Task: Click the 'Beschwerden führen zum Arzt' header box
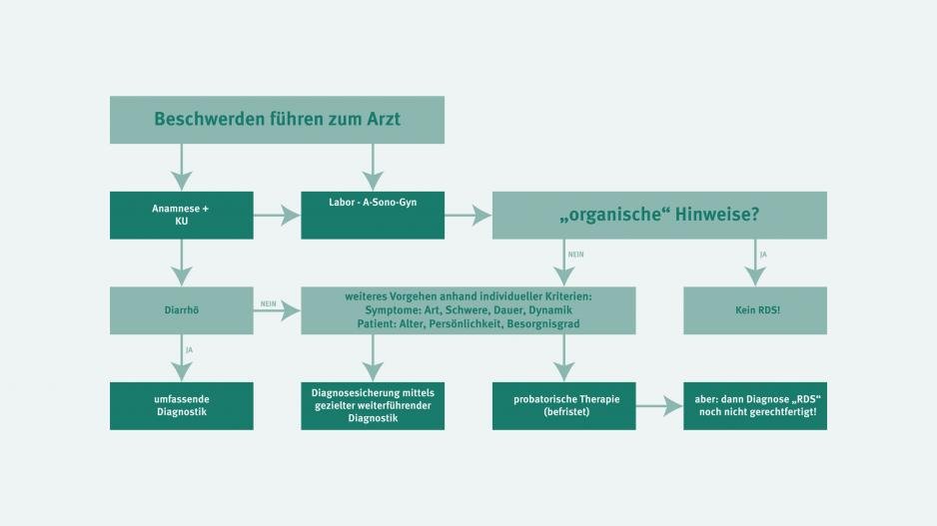pyautogui.click(x=277, y=120)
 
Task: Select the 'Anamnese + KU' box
pyautogui.click(x=182, y=215)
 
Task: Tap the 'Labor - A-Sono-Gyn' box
pyautogui.click(x=373, y=215)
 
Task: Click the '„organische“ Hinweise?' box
pyautogui.click(x=659, y=215)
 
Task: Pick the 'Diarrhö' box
pyautogui.click(x=182, y=310)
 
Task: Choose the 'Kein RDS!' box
pyautogui.click(x=755, y=310)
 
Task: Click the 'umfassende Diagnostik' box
pyautogui.click(x=182, y=406)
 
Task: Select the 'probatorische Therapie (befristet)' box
pyautogui.click(x=564, y=406)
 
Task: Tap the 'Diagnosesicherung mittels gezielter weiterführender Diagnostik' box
pyautogui.click(x=373, y=406)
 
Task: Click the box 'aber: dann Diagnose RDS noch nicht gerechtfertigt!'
pyautogui.click(x=755, y=406)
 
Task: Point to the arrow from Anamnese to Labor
pyautogui.click(x=277, y=215)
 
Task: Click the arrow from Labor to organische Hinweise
pyautogui.click(x=468, y=215)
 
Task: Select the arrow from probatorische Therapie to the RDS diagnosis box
pyautogui.click(x=659, y=406)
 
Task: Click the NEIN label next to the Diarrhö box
pyautogui.click(x=269, y=303)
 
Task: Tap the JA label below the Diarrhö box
pyautogui.click(x=190, y=350)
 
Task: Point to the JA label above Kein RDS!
pyautogui.click(x=763, y=255)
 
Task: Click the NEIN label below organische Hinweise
pyautogui.click(x=576, y=255)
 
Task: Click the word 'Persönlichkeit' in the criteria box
pyautogui.click(x=466, y=324)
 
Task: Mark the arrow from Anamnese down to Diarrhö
pyautogui.click(x=182, y=263)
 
